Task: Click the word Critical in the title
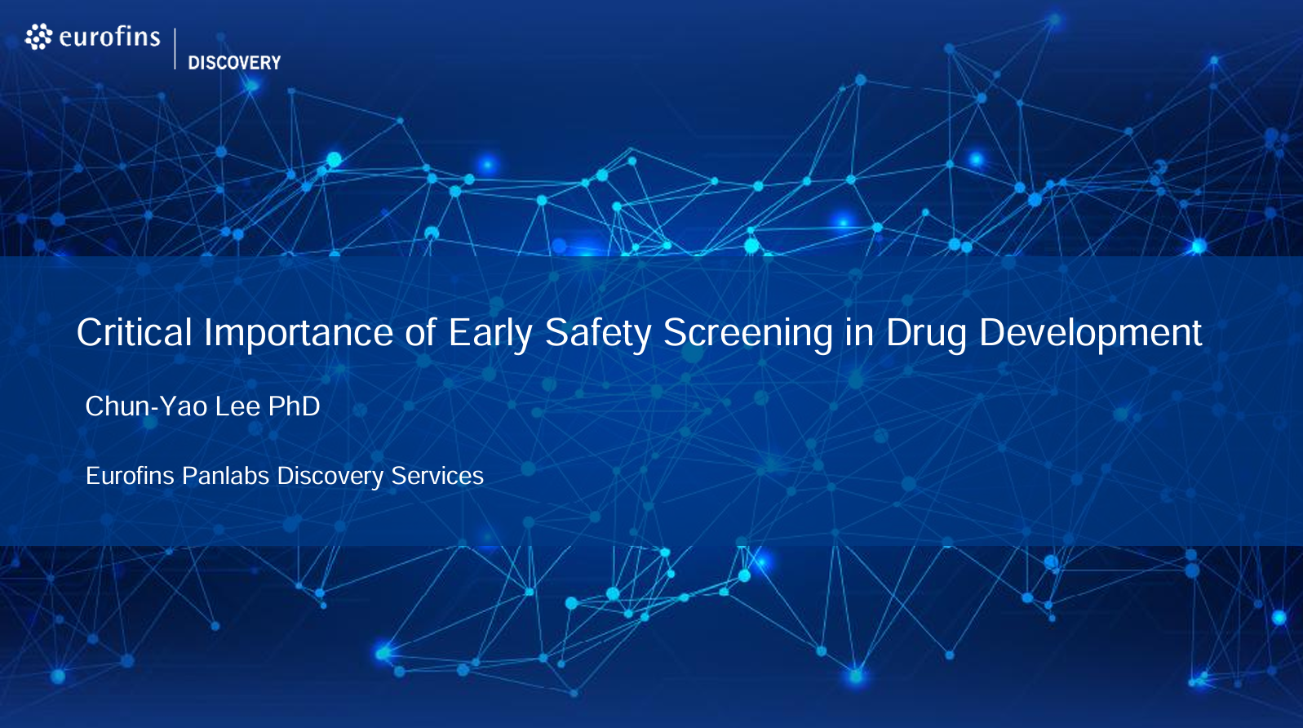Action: [135, 332]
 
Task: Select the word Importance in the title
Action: [299, 334]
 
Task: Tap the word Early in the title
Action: [490, 334]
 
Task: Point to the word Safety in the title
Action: [598, 334]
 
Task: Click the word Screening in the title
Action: [748, 334]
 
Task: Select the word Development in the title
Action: [1091, 334]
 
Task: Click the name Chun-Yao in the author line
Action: [146, 406]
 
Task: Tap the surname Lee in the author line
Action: [237, 406]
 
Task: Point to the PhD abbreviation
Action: [294, 406]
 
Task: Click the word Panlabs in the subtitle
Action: [226, 476]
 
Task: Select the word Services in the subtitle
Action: [437, 476]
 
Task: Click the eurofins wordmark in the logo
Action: [109, 38]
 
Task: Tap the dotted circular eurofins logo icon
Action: [38, 37]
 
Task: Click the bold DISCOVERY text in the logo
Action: [234, 63]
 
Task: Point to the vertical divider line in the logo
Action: [175, 49]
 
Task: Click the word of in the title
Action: [420, 333]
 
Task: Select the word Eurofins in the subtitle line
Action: [130, 476]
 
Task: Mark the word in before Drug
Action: [860, 333]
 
